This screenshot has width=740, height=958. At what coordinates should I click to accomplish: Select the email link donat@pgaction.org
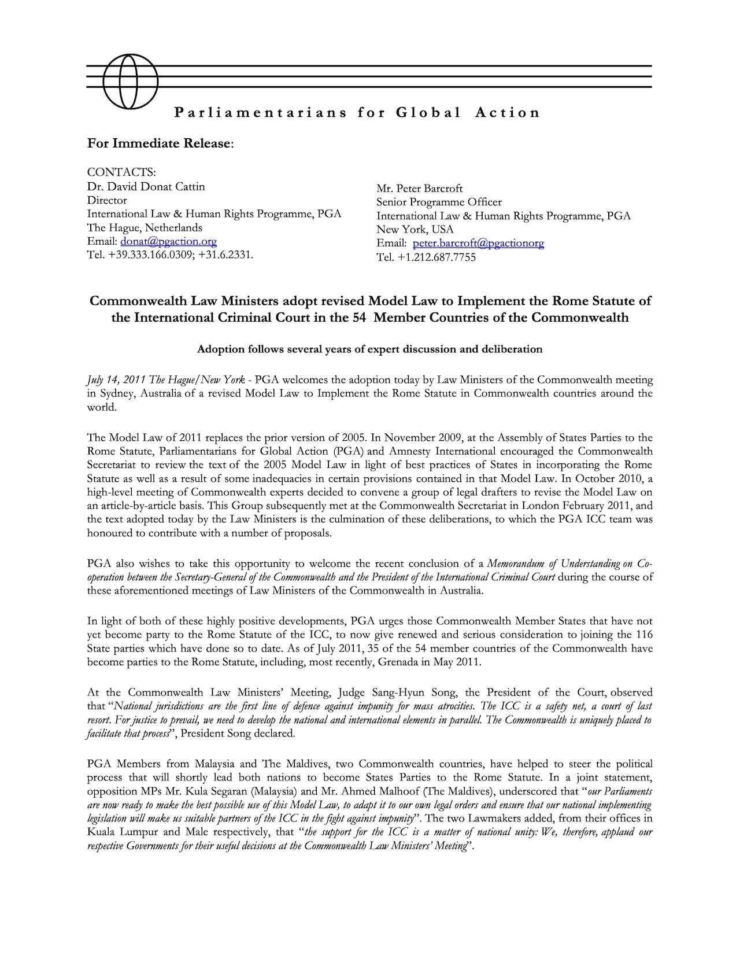pos(168,241)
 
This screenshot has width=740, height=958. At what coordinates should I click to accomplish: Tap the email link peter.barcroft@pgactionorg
pos(478,244)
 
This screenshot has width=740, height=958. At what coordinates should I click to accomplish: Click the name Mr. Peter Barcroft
pos(419,189)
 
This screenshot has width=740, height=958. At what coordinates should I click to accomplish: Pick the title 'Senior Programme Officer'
pos(439,202)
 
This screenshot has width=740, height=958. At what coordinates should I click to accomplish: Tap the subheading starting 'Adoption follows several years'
pos(369,349)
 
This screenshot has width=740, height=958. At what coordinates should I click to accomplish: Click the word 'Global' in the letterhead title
pos(428,112)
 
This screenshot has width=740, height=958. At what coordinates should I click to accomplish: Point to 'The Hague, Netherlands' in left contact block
pos(145,227)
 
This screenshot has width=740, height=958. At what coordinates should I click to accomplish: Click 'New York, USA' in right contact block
pos(415,230)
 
